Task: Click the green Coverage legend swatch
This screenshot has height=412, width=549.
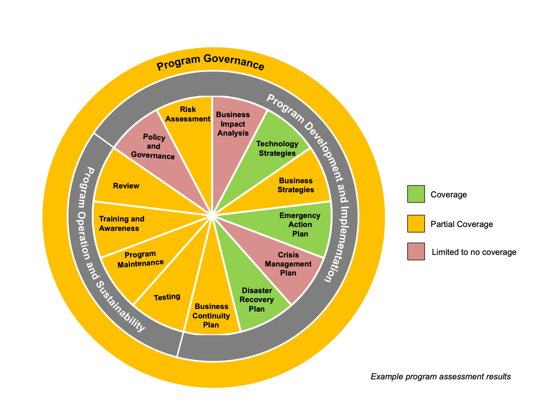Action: (x=416, y=194)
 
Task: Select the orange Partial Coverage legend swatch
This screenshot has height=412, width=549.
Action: (x=416, y=224)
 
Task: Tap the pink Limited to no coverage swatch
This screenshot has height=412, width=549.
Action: (x=416, y=251)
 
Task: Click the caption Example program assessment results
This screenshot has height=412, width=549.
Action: (x=440, y=377)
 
